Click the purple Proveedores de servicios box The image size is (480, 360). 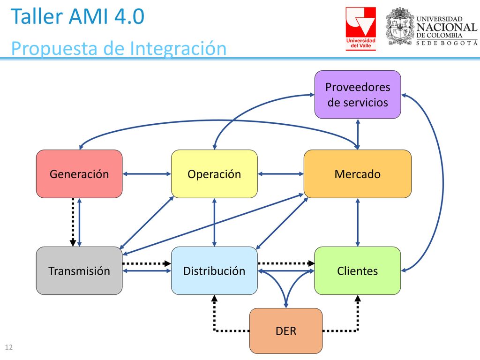tap(358, 95)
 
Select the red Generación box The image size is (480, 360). tap(79, 174)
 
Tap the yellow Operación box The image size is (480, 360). tap(214, 174)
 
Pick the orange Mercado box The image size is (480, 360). tap(358, 174)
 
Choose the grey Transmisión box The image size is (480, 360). tap(79, 270)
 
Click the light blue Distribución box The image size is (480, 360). tap(214, 270)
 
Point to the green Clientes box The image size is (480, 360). tap(358, 270)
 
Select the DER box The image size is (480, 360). tap(286, 331)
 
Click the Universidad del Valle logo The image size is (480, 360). tap(360, 29)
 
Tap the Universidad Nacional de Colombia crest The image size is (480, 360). tap(400, 26)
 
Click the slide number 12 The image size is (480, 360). tap(9, 347)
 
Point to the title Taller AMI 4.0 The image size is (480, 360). tap(77, 16)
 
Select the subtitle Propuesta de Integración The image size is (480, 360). tap(119, 48)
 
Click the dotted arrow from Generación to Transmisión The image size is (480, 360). tap(73, 222)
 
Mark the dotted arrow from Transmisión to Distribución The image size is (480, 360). tap(147, 263)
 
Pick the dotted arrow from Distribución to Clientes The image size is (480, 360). tap(286, 263)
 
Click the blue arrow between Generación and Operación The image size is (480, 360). tap(147, 174)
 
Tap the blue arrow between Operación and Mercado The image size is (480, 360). tap(281, 174)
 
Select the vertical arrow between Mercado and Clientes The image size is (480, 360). tap(358, 222)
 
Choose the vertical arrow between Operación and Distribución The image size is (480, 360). tap(214, 222)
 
